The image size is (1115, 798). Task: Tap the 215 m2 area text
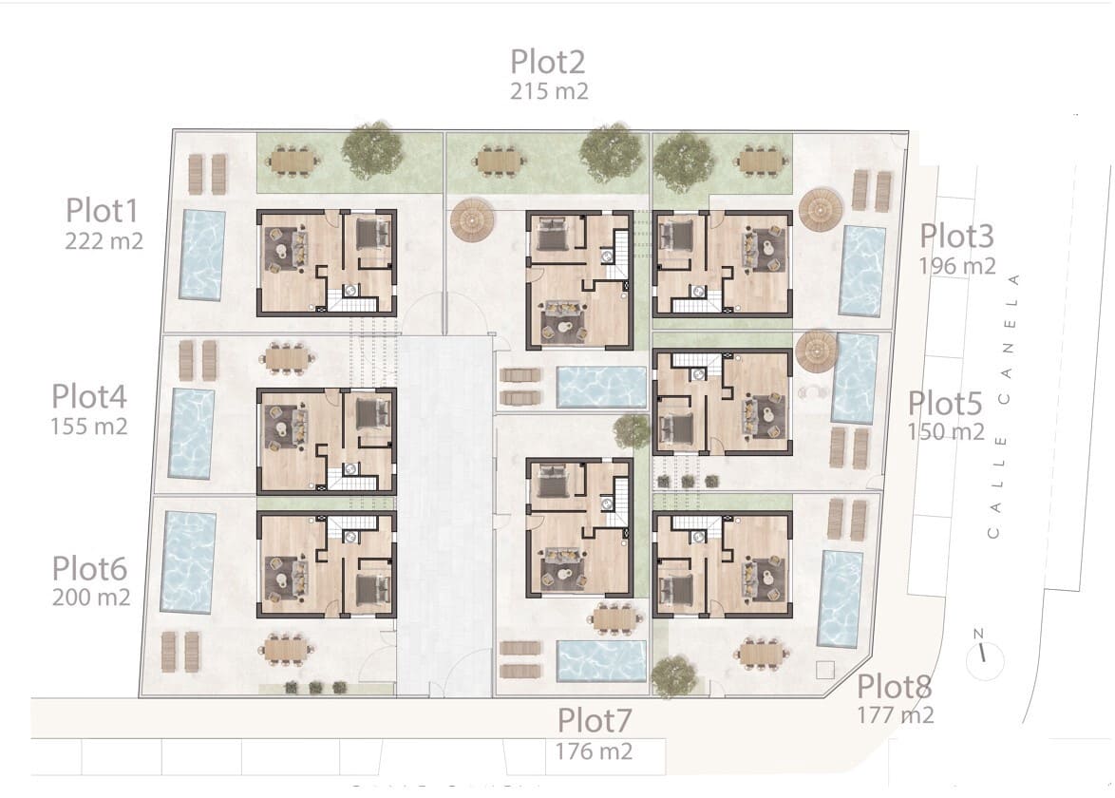[x=549, y=91]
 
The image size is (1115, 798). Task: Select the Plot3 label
[x=957, y=236]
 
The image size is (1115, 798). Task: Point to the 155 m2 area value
[x=88, y=426]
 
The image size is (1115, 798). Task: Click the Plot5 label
[x=945, y=404]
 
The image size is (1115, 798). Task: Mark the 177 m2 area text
[x=896, y=714]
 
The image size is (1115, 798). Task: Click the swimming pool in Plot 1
[x=203, y=254]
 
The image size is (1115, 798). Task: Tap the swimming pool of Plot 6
[x=188, y=562]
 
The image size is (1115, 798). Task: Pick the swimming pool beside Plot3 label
[x=862, y=271]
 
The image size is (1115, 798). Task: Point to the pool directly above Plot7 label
[x=601, y=662]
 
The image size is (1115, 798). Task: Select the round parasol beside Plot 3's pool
[x=821, y=210]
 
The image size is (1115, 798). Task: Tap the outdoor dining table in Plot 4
[x=288, y=357]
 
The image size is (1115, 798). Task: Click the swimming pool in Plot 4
[x=191, y=433]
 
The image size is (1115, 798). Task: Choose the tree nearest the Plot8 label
[x=675, y=675]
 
